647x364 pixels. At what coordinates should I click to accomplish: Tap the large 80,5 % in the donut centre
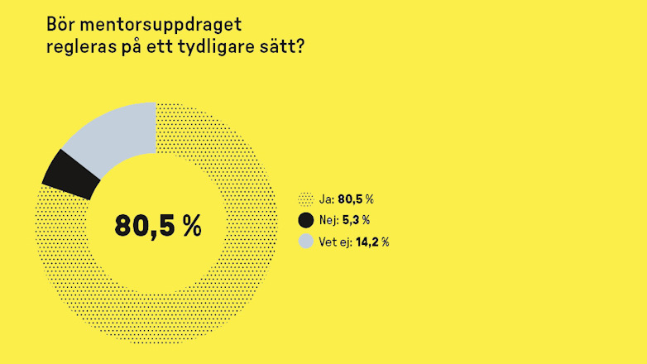point(157,226)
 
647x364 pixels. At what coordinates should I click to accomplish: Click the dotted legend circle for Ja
point(306,199)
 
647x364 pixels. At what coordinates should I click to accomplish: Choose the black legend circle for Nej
point(306,220)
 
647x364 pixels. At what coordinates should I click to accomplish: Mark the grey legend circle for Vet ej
point(306,242)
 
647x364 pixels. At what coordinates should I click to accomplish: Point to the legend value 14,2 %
point(373,242)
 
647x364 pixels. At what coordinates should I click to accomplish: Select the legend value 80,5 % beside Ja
point(356,199)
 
